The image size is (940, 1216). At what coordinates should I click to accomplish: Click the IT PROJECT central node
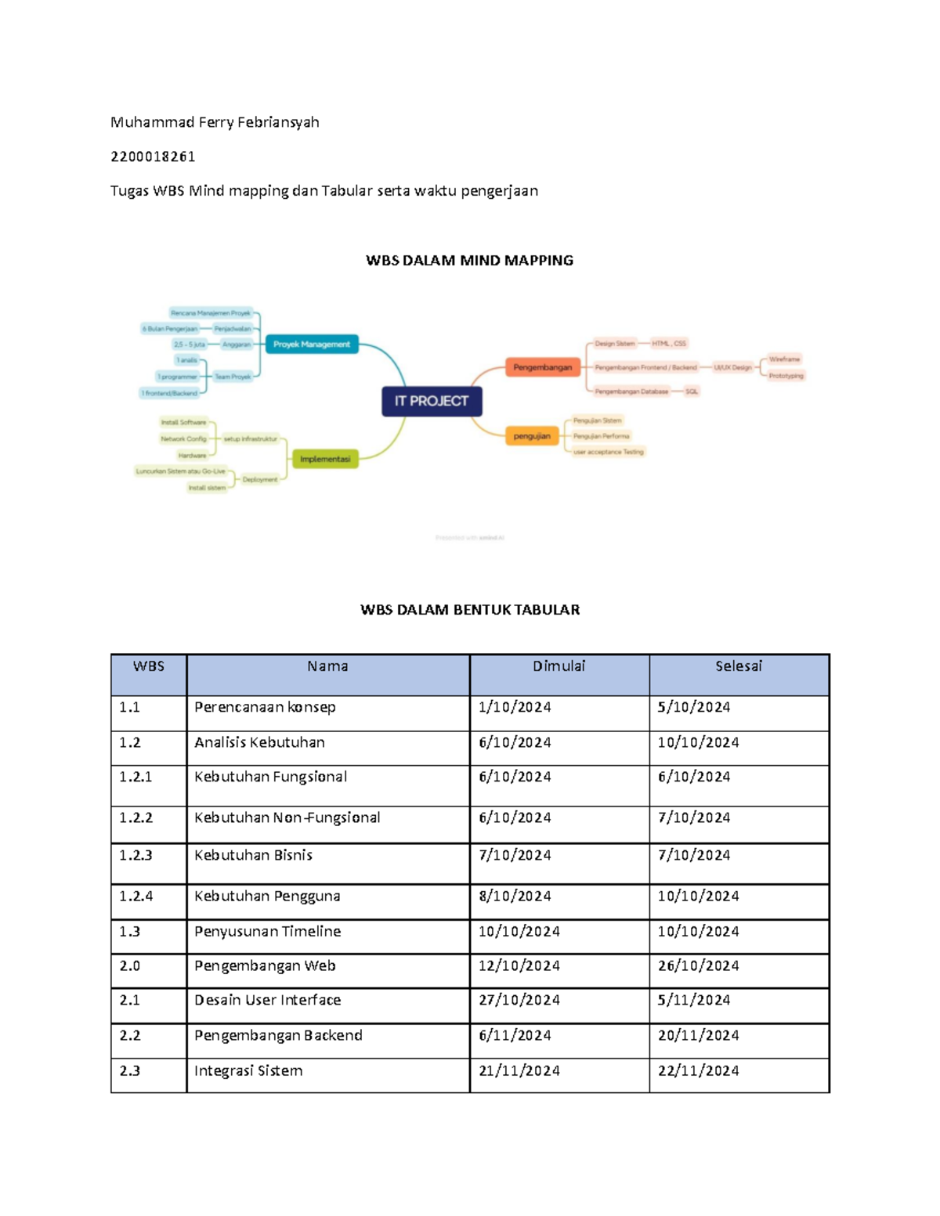(432, 401)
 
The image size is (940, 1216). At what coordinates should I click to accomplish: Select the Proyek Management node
(312, 345)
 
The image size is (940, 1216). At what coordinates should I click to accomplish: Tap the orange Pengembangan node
(542, 367)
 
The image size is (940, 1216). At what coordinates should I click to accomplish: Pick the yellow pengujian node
(532, 436)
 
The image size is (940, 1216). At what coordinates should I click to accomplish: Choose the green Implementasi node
(325, 459)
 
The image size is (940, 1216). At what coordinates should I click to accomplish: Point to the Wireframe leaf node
(784, 359)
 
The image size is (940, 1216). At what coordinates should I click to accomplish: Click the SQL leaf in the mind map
(692, 392)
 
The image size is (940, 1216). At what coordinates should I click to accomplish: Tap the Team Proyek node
(233, 377)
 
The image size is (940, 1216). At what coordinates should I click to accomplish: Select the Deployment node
(259, 479)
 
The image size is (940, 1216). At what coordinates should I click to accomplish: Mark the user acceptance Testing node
(609, 452)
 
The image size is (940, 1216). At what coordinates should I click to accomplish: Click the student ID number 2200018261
(153, 157)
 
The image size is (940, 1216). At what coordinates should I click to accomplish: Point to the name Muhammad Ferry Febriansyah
(215, 122)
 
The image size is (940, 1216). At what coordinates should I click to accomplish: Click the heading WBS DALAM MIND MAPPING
(469, 261)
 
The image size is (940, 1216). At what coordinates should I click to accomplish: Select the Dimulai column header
(559, 666)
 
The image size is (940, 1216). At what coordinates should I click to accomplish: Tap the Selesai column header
(738, 666)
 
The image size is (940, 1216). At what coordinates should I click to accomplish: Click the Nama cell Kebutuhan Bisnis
(253, 855)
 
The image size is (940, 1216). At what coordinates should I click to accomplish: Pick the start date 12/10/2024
(519, 965)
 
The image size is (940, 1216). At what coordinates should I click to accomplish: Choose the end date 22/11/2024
(698, 1070)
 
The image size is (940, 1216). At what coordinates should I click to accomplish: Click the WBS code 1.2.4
(136, 896)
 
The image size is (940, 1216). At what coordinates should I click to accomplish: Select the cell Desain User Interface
(267, 1000)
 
